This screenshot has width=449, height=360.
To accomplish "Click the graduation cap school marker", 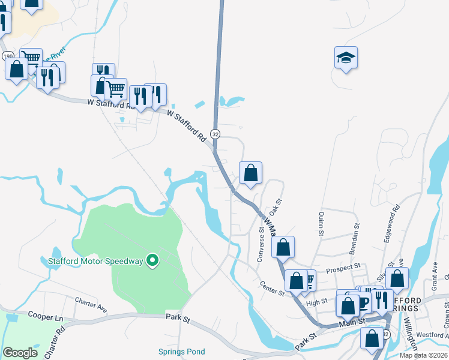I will point(346,58).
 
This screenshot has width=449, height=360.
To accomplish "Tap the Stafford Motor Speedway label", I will point(96,261).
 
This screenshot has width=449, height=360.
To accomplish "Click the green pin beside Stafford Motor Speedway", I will point(152,260).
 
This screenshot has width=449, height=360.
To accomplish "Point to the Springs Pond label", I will point(181,352).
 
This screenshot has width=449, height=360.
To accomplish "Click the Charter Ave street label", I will point(91,304).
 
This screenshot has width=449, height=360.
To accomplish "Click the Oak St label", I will point(276,208).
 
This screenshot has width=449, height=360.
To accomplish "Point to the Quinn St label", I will point(319,224).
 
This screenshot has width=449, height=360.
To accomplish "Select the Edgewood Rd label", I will point(391,224).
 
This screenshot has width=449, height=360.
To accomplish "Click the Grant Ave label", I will point(435,272).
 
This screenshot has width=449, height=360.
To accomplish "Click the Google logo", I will point(20,353).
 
